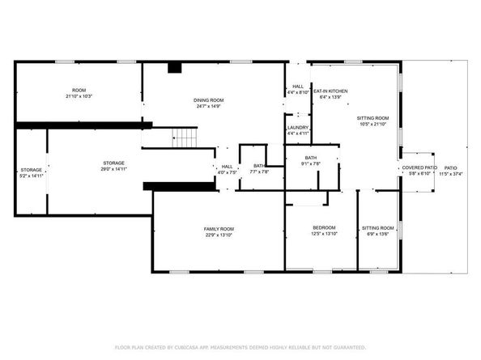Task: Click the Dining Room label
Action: coord(209,100)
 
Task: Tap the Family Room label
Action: coord(219,229)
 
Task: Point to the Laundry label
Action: coord(296,127)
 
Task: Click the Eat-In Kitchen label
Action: coord(330,91)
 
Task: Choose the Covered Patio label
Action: coord(419,167)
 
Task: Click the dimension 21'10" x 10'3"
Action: coord(79,96)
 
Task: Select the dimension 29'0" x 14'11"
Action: coord(113,170)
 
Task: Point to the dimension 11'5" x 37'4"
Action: coord(450,173)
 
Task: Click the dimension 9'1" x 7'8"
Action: coord(311,164)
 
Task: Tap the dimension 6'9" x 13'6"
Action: coord(377,235)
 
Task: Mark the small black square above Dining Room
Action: coord(174,69)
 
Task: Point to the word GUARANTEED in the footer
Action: coord(345,347)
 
